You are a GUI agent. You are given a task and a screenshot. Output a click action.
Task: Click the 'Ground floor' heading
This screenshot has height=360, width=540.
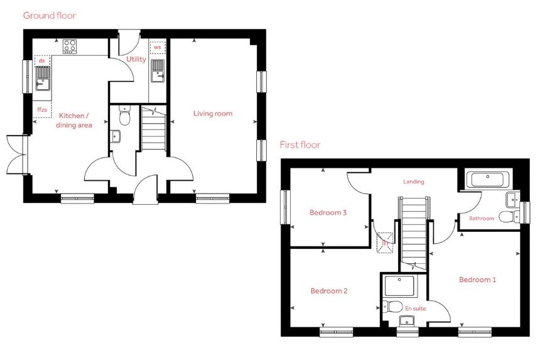click(49, 15)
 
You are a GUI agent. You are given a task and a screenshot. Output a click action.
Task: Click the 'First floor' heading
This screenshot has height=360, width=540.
click(300, 145)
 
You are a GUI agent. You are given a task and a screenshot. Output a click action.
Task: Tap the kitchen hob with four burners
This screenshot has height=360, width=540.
click(70, 46)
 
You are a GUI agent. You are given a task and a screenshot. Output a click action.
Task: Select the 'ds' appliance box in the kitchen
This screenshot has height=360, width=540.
click(42, 61)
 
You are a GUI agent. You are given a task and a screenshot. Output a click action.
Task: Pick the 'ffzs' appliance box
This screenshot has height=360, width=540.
click(42, 110)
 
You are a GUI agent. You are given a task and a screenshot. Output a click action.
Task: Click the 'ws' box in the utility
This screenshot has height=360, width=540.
click(157, 47)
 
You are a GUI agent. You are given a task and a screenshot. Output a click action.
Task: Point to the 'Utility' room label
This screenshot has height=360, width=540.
click(136, 60)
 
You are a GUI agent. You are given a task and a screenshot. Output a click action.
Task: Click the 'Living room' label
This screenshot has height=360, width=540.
click(212, 114)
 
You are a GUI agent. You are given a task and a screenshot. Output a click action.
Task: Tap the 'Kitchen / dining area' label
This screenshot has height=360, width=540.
click(75, 120)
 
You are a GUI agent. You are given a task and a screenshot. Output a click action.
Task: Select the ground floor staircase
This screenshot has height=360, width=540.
click(152, 129)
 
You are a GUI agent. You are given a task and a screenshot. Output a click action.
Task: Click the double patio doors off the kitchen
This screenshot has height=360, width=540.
click(15, 153)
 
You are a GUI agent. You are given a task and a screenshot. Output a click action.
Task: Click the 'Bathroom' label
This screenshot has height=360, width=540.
click(482, 219)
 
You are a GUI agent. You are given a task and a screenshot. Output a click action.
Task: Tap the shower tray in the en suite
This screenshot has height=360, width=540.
click(398, 287)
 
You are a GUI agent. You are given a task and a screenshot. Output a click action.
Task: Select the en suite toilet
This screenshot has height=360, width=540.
click(393, 307)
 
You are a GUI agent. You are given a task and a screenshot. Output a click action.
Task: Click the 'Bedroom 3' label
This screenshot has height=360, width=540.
click(328, 212)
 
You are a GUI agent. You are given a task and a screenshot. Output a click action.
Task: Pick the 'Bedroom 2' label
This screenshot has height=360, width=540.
click(328, 291)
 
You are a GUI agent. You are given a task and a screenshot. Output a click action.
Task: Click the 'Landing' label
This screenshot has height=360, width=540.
click(414, 182)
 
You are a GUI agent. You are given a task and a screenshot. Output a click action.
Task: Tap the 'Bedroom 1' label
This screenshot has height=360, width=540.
click(477, 280)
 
